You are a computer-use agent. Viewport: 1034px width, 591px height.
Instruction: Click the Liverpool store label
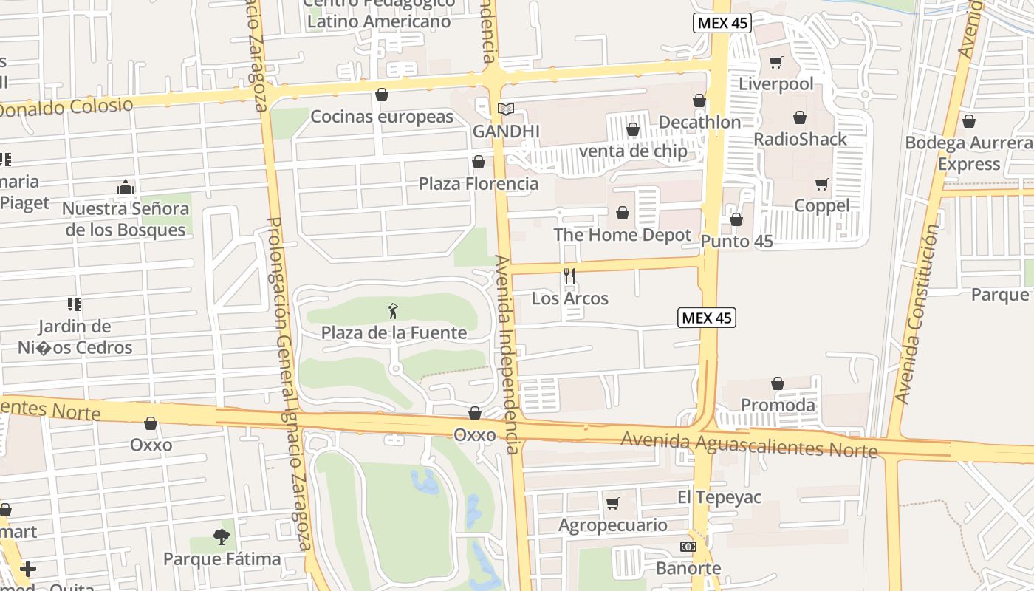coord(776,83)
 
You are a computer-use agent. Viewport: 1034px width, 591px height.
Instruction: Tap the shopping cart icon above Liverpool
coord(775,63)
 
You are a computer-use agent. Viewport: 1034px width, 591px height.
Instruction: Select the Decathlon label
coord(699,122)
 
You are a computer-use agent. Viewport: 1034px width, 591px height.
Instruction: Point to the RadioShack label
coord(800,139)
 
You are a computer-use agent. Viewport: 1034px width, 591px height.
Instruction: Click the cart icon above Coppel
coord(821,184)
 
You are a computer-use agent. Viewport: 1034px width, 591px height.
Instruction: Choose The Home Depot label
coord(622,235)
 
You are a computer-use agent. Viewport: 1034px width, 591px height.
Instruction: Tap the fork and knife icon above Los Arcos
coord(569,276)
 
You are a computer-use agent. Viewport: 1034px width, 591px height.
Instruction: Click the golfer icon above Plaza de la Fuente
coord(393,311)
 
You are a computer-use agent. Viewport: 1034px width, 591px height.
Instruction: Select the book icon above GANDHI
coord(506,109)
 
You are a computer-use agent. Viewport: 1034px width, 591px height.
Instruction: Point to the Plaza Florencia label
coord(479,183)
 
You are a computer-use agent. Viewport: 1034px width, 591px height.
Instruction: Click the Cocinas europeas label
coord(382,117)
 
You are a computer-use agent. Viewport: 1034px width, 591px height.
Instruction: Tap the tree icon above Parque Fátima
coord(221,537)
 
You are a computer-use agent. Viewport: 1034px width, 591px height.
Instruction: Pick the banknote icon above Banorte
coord(688,547)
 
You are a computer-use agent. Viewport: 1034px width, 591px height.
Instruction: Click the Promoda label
coord(778,405)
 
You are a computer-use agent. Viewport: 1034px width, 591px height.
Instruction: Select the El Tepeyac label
coord(719,497)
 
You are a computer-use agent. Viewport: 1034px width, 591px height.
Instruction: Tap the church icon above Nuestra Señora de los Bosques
coord(125,188)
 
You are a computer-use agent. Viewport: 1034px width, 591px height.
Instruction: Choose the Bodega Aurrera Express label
coord(968,153)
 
